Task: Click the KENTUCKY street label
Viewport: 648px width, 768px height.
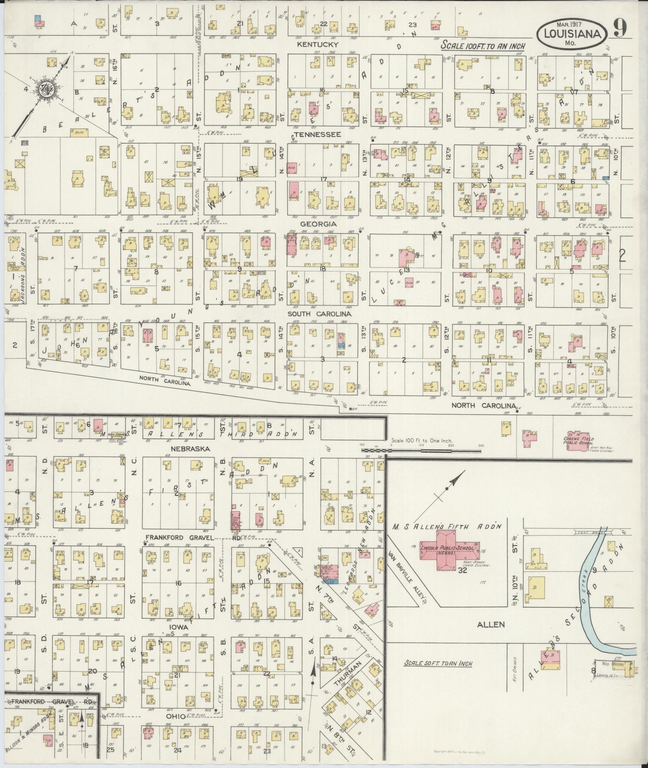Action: click(317, 45)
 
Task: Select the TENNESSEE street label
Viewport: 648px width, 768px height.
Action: click(317, 134)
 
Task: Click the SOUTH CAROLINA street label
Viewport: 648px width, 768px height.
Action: click(320, 314)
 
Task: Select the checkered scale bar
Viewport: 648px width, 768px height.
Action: click(422, 450)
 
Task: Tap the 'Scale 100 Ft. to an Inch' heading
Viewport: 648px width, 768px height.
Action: click(483, 45)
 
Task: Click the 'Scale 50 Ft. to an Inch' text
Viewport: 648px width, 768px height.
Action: click(438, 663)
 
